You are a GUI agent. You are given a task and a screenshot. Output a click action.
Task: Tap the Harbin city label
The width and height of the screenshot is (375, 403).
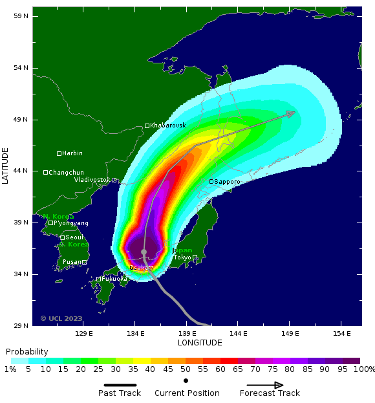[x=72, y=153]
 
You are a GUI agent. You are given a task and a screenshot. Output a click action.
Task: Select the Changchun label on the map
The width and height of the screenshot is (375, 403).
[x=66, y=172]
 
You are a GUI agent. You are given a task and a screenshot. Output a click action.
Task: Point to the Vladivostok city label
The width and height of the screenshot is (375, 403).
[x=92, y=180]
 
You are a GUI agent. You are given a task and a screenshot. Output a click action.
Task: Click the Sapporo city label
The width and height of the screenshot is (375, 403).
[x=227, y=182]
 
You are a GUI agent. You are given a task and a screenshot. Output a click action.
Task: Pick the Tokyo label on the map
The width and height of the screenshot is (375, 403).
[x=182, y=257]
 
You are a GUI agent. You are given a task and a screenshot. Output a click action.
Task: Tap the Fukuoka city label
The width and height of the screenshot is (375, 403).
[x=114, y=279]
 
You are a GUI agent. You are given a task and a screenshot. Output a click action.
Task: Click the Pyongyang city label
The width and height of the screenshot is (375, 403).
[x=71, y=223]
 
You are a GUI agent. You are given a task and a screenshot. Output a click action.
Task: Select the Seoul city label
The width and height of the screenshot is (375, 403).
[x=74, y=237]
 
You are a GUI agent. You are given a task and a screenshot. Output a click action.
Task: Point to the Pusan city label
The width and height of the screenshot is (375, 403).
[x=72, y=262]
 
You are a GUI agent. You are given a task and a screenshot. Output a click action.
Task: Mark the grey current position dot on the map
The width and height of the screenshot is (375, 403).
[x=144, y=252]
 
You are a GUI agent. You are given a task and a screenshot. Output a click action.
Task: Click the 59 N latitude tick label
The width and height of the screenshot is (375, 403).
[x=21, y=16]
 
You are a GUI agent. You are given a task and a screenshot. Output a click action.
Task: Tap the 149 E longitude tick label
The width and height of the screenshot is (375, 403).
[x=290, y=334]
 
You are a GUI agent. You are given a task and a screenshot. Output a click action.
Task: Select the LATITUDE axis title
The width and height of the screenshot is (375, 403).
[x=5, y=166]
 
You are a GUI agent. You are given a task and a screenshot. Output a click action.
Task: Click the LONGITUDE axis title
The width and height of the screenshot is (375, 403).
[x=200, y=343]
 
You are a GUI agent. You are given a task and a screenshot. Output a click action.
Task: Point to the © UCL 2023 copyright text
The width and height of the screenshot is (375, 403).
[x=61, y=318]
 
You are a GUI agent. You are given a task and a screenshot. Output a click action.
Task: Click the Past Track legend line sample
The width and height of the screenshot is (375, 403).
[x=120, y=385]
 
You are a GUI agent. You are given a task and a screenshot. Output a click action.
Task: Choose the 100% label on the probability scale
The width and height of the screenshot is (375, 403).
[x=364, y=369]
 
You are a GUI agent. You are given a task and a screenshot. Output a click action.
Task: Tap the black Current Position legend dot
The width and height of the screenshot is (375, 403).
[x=186, y=380]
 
